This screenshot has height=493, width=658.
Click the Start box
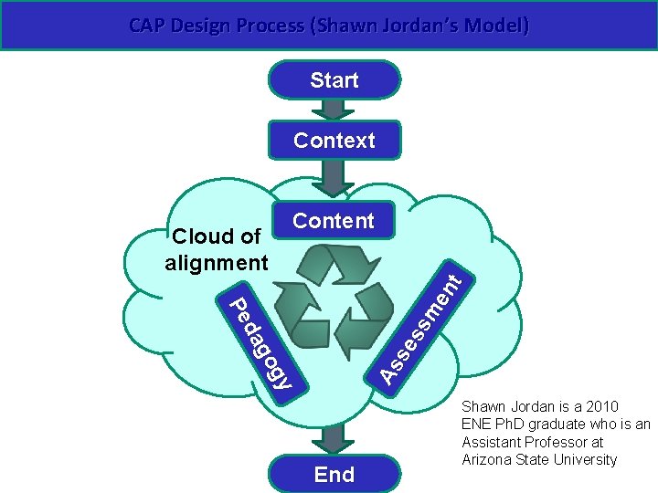tap(334, 80)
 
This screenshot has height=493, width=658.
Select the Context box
tap(334, 141)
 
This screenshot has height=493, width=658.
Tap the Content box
tap(334, 221)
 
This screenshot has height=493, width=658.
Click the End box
tap(334, 474)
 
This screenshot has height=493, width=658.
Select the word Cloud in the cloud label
tap(198, 236)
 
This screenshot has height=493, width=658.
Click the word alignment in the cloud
tap(217, 263)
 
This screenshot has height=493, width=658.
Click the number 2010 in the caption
tap(599, 406)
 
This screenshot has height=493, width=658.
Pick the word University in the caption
tap(583, 459)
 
